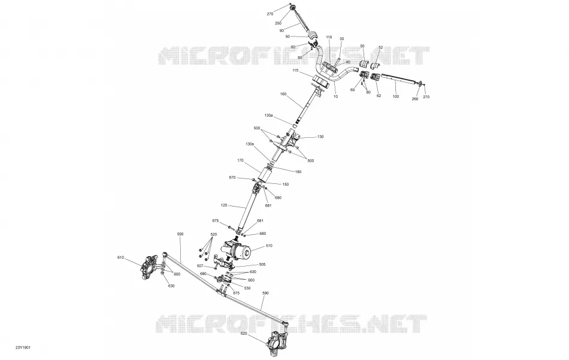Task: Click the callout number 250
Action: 278,23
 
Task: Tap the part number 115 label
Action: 295,71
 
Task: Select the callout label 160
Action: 283,94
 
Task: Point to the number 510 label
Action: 269,246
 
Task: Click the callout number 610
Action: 120,258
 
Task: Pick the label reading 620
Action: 244,333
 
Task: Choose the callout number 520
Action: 213,234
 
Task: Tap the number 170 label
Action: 240,160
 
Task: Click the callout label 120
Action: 224,205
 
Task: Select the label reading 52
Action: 381,47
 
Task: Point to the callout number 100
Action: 396,96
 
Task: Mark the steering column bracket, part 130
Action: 290,141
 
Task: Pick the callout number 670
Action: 232,177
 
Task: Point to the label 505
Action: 262,265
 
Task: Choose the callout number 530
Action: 247,288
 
